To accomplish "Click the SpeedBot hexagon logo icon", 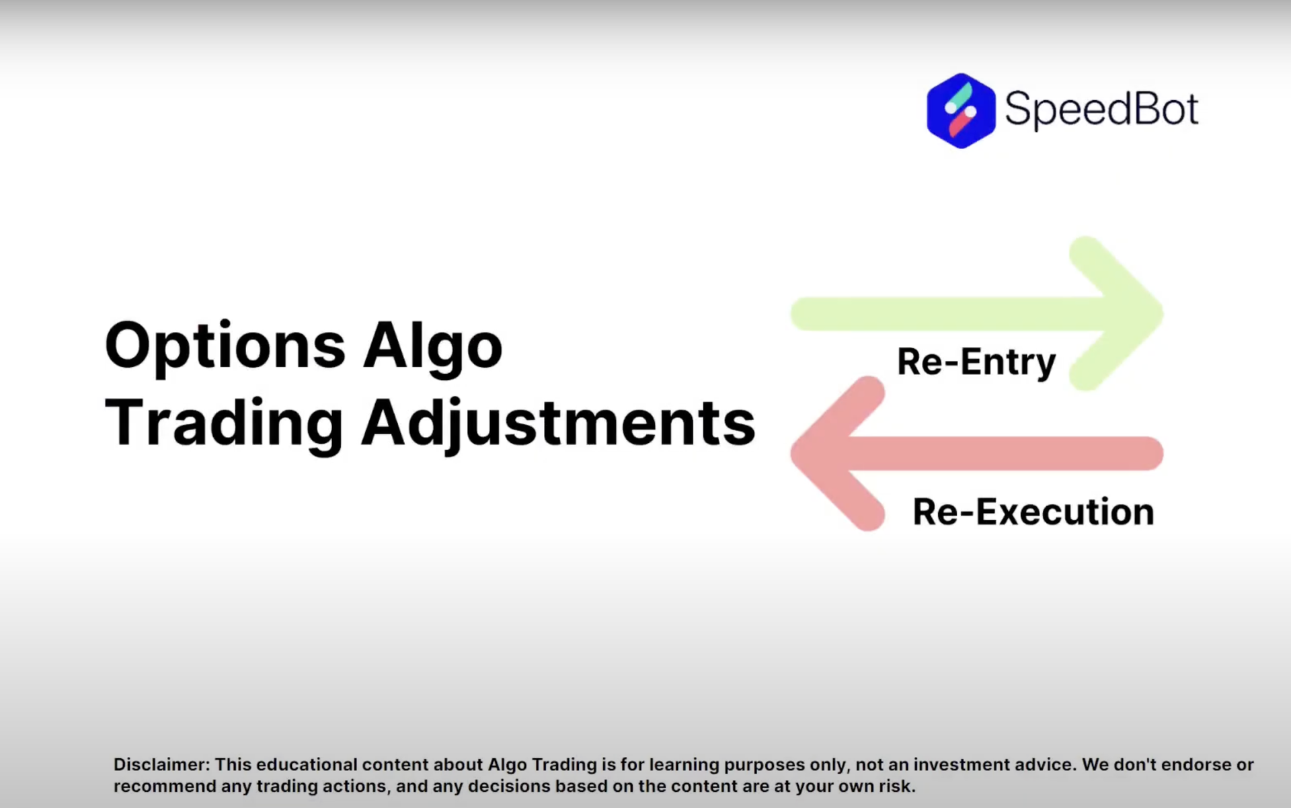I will (960, 111).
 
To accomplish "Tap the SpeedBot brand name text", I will (1101, 109).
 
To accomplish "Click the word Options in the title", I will (225, 346).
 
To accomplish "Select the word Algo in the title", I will (432, 346).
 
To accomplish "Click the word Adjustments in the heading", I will (558, 423).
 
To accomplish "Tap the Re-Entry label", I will (976, 362).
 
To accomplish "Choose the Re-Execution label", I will (1033, 512).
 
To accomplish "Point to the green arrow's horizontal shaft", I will (941, 313).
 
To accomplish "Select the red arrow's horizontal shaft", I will (1009, 453).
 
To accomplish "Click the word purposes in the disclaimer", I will (763, 765).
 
